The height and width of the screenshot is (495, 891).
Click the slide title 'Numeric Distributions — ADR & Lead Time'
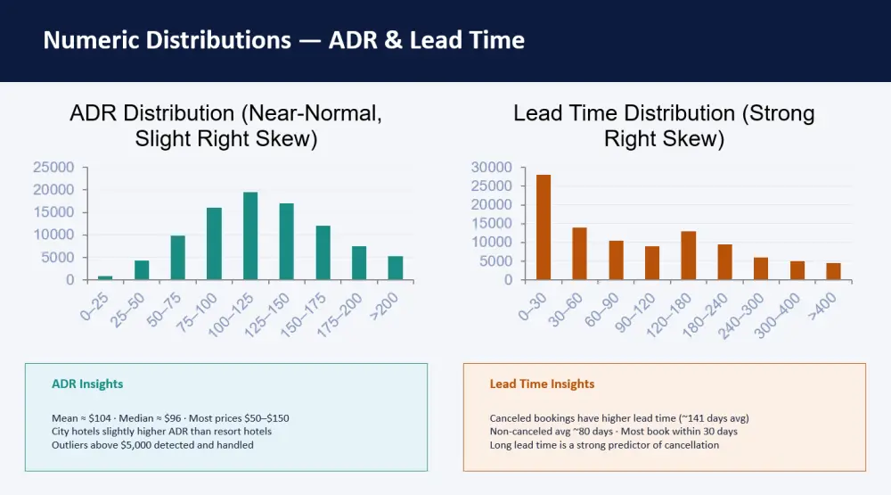click(x=284, y=40)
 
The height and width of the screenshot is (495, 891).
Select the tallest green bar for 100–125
click(x=250, y=236)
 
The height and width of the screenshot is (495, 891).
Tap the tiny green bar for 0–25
click(x=105, y=278)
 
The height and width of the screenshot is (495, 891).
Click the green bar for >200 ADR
click(x=396, y=268)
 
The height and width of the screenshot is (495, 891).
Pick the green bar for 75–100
click(x=214, y=244)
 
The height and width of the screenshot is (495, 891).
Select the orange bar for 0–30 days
click(x=544, y=227)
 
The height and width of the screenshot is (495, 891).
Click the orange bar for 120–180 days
click(x=689, y=255)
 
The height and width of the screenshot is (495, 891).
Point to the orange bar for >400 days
click(x=834, y=271)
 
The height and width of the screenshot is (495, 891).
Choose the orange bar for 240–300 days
click(x=761, y=268)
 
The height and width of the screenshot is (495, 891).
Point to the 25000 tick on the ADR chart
click(x=53, y=168)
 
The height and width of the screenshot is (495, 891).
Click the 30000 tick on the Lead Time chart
click(x=492, y=168)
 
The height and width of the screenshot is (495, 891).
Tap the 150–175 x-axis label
click(x=304, y=315)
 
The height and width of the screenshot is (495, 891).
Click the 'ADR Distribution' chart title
click(x=226, y=126)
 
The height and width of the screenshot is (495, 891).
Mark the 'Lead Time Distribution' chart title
click(x=665, y=126)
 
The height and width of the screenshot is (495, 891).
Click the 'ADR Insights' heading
click(x=87, y=384)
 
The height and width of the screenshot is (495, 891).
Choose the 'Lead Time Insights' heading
click(x=542, y=384)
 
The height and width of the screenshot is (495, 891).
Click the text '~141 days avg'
click(x=714, y=418)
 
